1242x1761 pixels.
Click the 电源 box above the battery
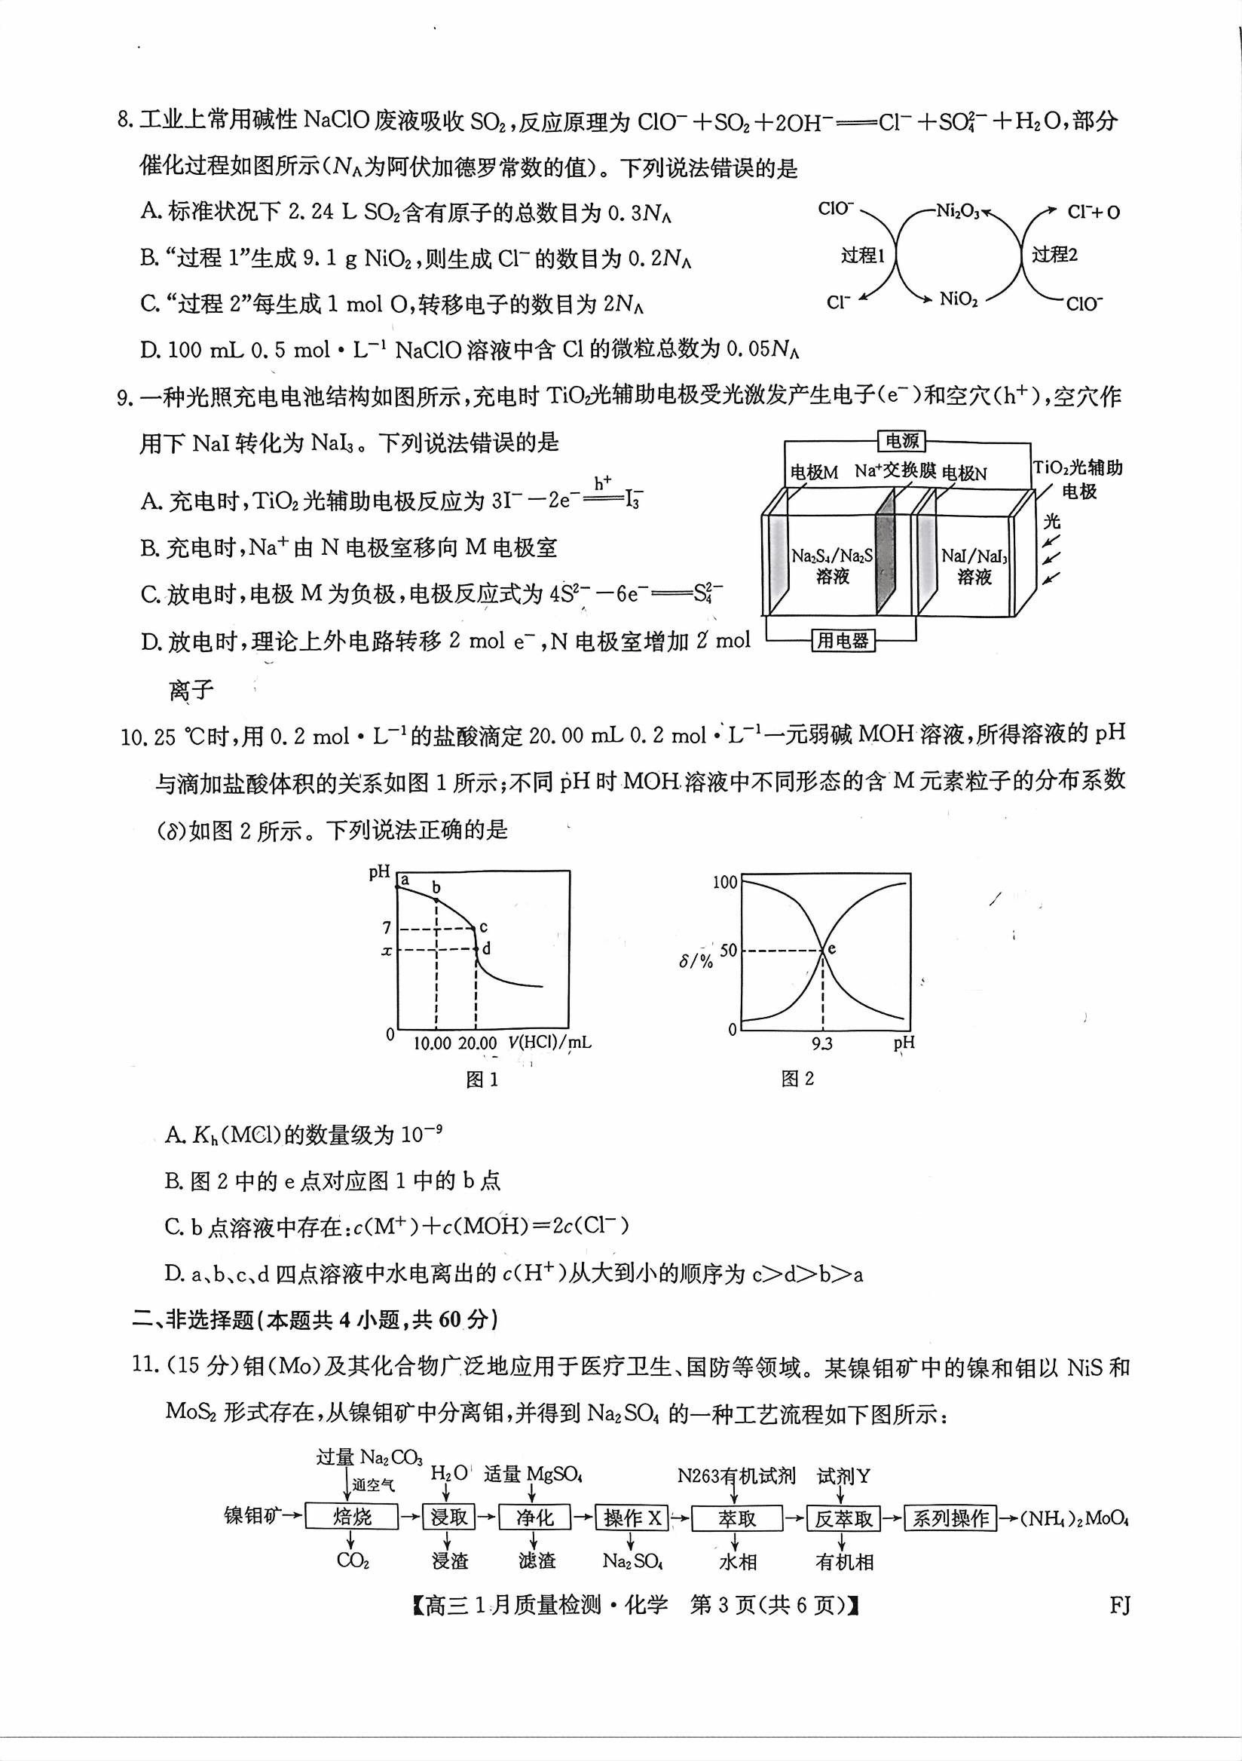pos(901,441)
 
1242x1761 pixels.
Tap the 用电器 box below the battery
pos(843,641)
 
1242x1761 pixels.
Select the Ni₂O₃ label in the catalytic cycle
pos(958,212)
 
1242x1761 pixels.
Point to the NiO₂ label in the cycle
pos(959,299)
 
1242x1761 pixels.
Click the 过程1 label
pos(862,256)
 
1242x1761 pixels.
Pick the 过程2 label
pos(1054,255)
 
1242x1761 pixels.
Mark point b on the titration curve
pos(436,900)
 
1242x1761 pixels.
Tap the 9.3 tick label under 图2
pos(822,1043)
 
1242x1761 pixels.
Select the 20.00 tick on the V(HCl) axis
pos(477,1043)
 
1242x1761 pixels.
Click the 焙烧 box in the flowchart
pos(352,1518)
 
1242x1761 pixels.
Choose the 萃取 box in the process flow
pos(737,1518)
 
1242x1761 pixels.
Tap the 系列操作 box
pos(950,1518)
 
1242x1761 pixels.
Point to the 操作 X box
pos(632,1518)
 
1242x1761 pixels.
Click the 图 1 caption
pos(482,1080)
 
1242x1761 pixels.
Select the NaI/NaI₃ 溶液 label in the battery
pos(974,566)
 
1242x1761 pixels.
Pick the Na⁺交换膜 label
pos(895,471)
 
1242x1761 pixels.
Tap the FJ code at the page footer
pos(1119,1606)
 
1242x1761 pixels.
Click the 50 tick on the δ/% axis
pos(727,951)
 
